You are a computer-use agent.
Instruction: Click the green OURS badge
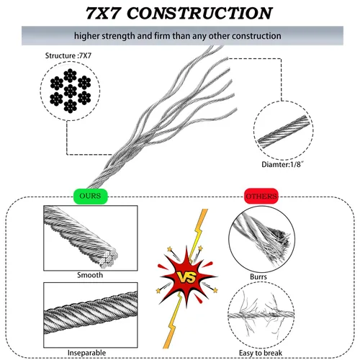[91, 196]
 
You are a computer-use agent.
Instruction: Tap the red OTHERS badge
[261, 196]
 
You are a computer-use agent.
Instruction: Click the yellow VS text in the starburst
[186, 278]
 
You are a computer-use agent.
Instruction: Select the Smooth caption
[90, 275]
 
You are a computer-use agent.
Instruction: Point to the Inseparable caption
[86, 353]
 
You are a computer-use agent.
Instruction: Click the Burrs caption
[258, 276]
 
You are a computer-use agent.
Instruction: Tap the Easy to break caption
[261, 353]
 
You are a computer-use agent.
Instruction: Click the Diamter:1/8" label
[282, 164]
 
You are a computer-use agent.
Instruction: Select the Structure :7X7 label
[68, 55]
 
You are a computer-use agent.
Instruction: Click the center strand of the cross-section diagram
[71, 91]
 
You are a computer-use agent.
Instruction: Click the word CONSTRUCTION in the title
[199, 13]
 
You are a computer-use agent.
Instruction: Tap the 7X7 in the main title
[102, 13]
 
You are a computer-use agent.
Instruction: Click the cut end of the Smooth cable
[109, 258]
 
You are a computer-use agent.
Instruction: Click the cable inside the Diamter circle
[284, 131]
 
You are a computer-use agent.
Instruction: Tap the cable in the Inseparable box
[91, 312]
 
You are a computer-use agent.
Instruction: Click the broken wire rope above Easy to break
[261, 315]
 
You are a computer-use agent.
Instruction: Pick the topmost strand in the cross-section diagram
[70, 76]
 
